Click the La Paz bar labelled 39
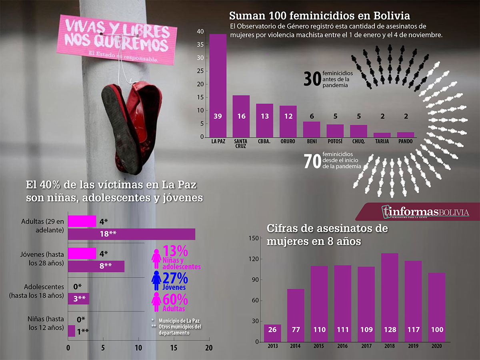tap(218, 85)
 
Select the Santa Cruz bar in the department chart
tap(241, 116)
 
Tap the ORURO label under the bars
tap(288, 141)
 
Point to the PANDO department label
tap(406, 141)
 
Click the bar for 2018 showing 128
tap(390, 298)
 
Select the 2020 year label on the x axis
tap(436, 346)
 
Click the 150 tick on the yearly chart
tap(254, 238)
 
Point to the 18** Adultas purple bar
tap(132, 234)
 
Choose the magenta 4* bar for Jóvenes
tap(82, 253)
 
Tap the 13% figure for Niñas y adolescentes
tap(176, 252)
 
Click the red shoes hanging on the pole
tap(130, 120)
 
